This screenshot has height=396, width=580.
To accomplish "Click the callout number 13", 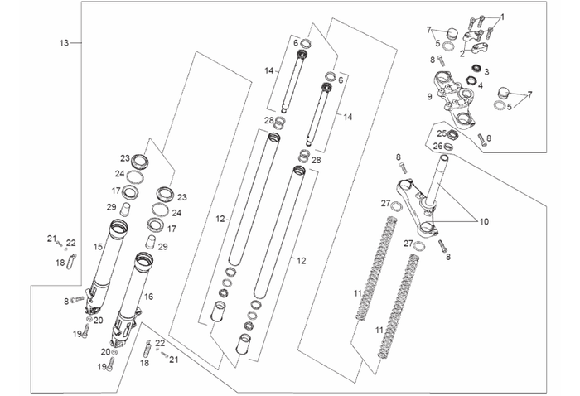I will coord(64,42).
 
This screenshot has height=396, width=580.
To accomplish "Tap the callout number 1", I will coord(501,17).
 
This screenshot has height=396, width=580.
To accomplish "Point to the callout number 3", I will coord(486,72).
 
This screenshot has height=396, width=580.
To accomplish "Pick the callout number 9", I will coord(429,97).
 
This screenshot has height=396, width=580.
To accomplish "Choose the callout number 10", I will coord(484,222).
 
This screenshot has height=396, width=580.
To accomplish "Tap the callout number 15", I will coord(98,247).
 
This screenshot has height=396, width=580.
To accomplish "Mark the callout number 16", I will coord(149,296).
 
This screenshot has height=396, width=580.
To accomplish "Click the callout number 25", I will coord(442,133).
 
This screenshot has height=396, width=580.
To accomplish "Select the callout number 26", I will coord(437,147).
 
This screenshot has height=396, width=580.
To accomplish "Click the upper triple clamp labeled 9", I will coord(454,94).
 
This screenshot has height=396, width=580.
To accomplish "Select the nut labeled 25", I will coord(455,133).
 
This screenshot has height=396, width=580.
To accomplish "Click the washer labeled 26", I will coord(449,147).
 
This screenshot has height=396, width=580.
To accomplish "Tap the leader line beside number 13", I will coord(76,42).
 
